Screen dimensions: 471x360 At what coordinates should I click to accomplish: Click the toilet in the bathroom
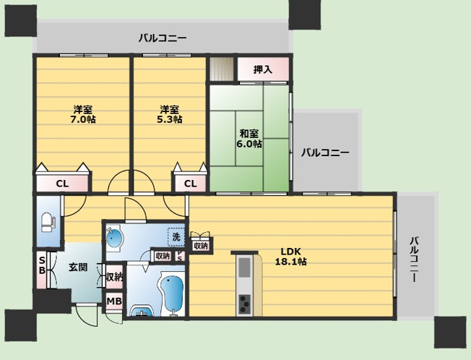(x=47, y=223)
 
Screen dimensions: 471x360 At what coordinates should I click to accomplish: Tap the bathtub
(x=172, y=292)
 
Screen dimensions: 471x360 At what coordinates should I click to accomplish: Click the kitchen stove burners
(x=244, y=304)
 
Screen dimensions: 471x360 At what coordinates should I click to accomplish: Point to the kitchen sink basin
(x=244, y=267)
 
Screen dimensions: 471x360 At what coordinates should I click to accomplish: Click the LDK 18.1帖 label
(x=291, y=257)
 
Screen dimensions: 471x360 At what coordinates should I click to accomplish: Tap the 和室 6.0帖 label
(x=249, y=139)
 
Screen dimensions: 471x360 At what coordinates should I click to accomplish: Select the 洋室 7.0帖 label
(x=83, y=114)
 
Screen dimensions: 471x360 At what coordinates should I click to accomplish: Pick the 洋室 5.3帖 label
(x=170, y=114)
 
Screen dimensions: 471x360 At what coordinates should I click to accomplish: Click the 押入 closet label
(x=263, y=69)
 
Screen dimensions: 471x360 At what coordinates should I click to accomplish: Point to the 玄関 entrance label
(x=78, y=267)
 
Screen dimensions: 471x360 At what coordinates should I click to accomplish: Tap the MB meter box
(x=114, y=301)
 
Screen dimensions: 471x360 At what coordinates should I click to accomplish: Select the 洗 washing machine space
(x=176, y=237)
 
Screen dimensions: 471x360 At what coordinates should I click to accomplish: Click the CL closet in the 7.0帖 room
(x=62, y=183)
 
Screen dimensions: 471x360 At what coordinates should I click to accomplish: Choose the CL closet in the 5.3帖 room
(x=190, y=183)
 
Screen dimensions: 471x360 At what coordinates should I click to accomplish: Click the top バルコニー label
(x=163, y=38)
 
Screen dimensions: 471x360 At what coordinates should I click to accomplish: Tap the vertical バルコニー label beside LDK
(x=415, y=259)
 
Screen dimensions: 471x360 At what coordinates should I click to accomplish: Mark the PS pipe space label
(x=180, y=257)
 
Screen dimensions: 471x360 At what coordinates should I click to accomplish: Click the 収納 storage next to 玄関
(x=114, y=277)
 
